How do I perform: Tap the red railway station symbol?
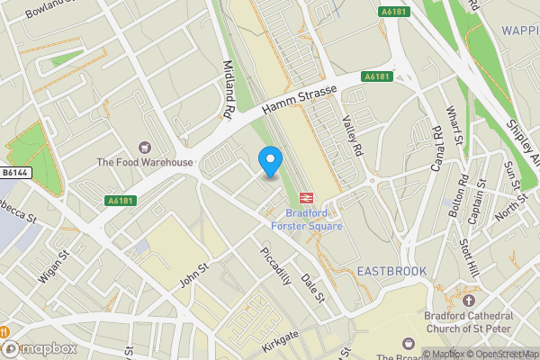pyautogui.click(x=306, y=197)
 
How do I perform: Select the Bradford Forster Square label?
pyautogui.click(x=314, y=220)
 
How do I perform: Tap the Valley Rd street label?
pyautogui.click(x=351, y=134)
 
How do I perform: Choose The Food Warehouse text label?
pyautogui.click(x=145, y=162)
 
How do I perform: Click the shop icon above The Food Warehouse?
pyautogui.click(x=144, y=147)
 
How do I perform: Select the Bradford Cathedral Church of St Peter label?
pyautogui.click(x=467, y=321)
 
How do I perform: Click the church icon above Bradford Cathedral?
pyautogui.click(x=467, y=299)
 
